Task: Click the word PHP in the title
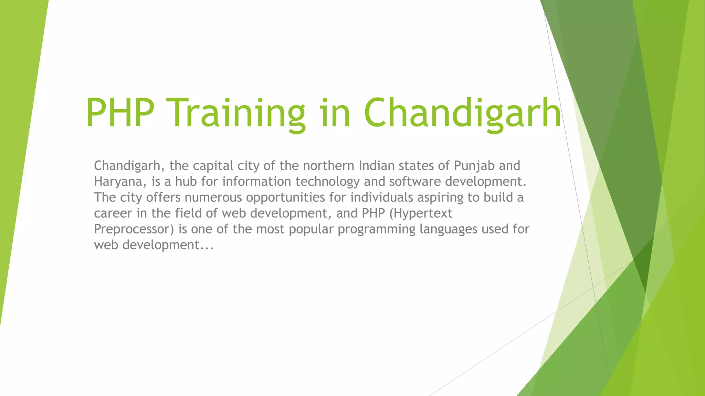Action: click(120, 113)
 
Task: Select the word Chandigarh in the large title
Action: click(462, 113)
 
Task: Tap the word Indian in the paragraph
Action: click(377, 166)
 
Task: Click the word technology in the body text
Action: click(327, 181)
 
